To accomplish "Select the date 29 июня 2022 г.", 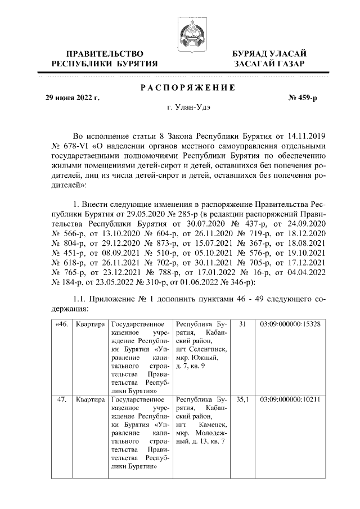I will coord(72,98).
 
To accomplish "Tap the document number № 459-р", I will coord(303,98).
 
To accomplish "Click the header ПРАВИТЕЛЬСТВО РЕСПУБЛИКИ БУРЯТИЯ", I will coord(105,58).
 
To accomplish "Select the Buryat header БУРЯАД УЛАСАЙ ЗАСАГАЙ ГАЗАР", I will coord(270,58).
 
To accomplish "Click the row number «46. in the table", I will coord(61,325).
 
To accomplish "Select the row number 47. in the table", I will coord(61,400).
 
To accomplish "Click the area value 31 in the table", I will coord(243,325).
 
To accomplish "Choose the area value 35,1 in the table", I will coord(243,400).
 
